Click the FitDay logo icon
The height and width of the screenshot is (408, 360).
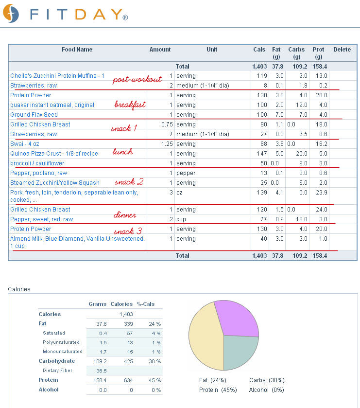[11, 13]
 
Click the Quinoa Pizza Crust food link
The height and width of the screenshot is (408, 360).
[54, 154]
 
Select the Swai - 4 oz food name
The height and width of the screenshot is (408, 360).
[24, 144]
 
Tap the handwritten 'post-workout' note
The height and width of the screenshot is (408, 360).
[137, 79]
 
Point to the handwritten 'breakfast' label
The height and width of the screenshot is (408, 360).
[130, 105]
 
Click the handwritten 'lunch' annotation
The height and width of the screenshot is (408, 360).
[122, 151]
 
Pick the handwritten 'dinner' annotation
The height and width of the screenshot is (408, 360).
[125, 214]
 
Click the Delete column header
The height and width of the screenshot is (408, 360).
[342, 50]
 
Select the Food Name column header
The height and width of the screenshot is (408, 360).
[77, 50]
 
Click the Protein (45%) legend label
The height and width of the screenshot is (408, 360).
[218, 390]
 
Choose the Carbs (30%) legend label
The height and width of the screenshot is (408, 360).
[267, 380]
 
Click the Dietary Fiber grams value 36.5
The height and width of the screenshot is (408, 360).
[102, 371]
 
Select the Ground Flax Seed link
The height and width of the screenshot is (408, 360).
[34, 115]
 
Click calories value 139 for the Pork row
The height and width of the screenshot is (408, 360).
[262, 193]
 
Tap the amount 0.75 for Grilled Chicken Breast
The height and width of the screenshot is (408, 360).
[167, 124]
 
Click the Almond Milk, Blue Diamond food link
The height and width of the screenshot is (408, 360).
[77, 242]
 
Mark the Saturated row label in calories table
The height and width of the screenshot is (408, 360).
[54, 333]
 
